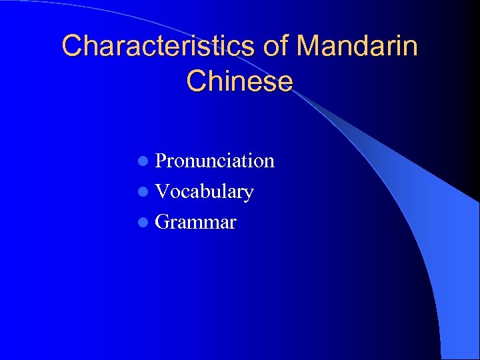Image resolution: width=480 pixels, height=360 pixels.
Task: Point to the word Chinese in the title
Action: [240, 81]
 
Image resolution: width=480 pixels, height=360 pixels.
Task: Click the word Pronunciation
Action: [215, 161]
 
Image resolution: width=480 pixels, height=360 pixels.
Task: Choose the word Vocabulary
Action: [204, 192]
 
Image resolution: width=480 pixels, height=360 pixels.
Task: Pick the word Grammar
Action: [195, 222]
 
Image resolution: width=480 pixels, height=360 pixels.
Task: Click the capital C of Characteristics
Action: [72, 46]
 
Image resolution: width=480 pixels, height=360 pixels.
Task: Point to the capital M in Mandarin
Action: [309, 46]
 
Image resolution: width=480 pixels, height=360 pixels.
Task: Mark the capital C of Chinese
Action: [197, 81]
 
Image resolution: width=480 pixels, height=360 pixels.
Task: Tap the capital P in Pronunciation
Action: [161, 161]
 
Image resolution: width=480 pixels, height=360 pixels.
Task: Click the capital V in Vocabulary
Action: [162, 192]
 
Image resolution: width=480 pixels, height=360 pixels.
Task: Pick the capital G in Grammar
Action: [162, 222]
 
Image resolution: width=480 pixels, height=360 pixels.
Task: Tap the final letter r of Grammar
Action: [232, 224]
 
